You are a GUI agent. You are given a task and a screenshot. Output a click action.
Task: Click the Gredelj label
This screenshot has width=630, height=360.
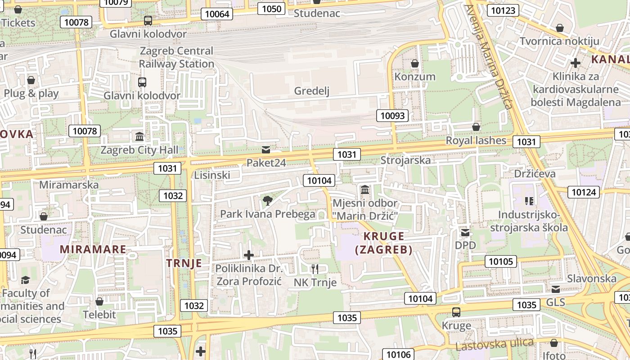(x=312, y=91)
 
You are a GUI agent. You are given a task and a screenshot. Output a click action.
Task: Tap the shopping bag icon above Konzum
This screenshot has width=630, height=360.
(x=415, y=64)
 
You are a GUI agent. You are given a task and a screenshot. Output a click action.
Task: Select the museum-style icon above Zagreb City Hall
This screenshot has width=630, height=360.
(x=139, y=136)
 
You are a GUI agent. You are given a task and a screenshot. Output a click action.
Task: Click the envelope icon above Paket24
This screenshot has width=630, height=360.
(x=266, y=149)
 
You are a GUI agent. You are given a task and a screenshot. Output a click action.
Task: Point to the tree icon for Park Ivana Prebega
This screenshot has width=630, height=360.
(x=268, y=200)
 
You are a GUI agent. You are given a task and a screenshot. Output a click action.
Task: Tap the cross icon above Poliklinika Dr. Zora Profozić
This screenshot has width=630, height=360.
(x=248, y=255)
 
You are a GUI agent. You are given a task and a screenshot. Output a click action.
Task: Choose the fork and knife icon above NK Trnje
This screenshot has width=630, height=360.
(x=315, y=269)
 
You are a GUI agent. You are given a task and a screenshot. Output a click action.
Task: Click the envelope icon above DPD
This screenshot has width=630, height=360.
(x=465, y=233)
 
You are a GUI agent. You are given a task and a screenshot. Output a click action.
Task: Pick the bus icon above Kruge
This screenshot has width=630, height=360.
(x=456, y=312)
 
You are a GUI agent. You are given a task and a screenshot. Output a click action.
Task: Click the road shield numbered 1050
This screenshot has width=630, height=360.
(x=271, y=9)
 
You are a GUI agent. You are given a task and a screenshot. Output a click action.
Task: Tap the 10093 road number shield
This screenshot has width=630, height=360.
(x=392, y=116)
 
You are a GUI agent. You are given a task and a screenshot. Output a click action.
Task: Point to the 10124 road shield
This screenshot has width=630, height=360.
(x=584, y=192)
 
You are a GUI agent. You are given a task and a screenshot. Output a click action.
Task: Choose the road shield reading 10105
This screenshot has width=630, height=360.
(x=500, y=261)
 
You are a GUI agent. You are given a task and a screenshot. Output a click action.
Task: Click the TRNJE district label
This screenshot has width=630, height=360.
(x=184, y=263)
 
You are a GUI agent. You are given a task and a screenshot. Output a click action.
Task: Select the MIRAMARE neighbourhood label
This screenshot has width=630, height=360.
(x=93, y=249)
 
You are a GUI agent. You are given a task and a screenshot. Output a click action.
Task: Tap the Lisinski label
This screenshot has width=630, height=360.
(x=212, y=175)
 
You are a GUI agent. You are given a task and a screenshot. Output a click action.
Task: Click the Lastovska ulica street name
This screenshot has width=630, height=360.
(x=495, y=345)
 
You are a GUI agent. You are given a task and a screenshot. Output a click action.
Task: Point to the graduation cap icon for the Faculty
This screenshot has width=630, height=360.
(x=25, y=280)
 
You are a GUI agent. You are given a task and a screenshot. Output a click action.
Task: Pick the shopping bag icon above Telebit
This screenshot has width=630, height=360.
(x=99, y=301)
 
